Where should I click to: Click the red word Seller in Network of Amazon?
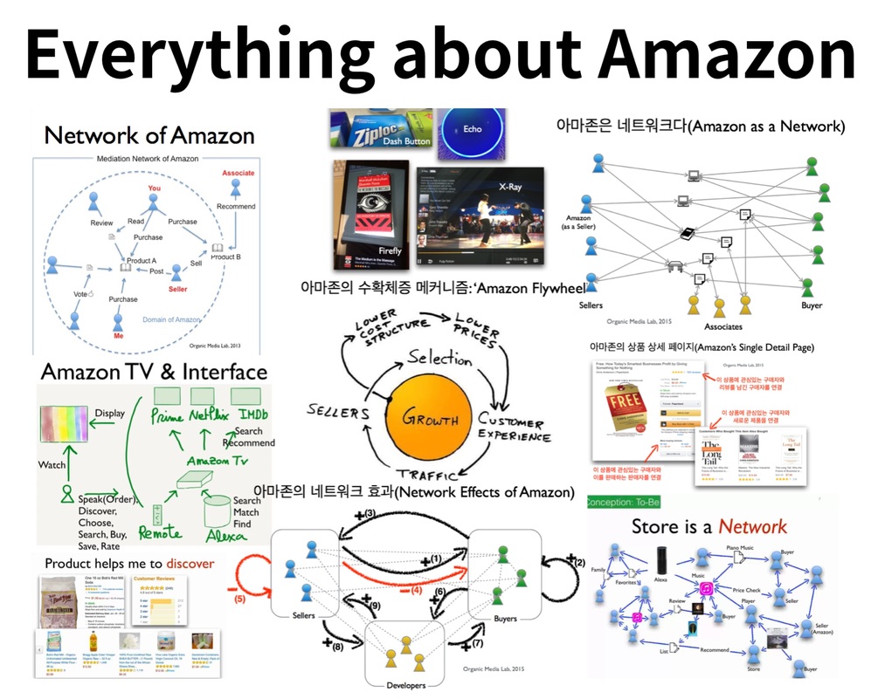(x=177, y=289)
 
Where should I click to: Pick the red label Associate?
(x=238, y=173)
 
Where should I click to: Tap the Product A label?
(x=142, y=260)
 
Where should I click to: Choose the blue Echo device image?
(x=472, y=130)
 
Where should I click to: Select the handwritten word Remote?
(x=161, y=532)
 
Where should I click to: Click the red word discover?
(x=190, y=563)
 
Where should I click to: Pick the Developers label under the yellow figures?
(x=404, y=684)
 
